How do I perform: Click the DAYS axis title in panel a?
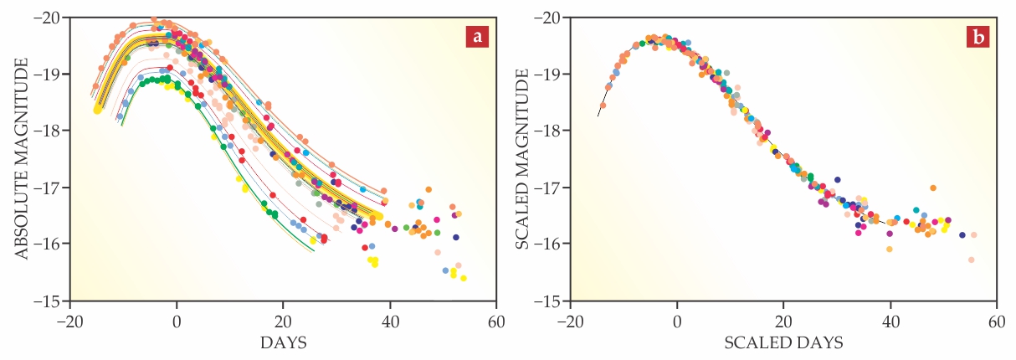(x=283, y=342)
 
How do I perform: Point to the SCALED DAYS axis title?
(x=783, y=342)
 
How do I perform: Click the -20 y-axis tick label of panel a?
(x=51, y=18)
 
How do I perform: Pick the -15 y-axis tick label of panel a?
(x=51, y=301)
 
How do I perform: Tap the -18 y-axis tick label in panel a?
(x=51, y=131)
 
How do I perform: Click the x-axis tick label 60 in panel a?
(x=496, y=321)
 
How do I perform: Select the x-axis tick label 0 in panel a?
(x=176, y=321)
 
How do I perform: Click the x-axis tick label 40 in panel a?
(x=389, y=321)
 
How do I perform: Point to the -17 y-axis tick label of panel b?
(x=551, y=188)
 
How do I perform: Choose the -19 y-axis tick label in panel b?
(x=551, y=75)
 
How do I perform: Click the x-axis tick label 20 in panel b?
(x=783, y=321)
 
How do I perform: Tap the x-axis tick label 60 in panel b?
(x=996, y=321)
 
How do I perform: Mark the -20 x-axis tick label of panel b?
(x=568, y=321)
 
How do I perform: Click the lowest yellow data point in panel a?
(x=463, y=278)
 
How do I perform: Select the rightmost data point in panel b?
(x=973, y=235)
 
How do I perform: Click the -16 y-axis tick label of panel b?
(x=551, y=244)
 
